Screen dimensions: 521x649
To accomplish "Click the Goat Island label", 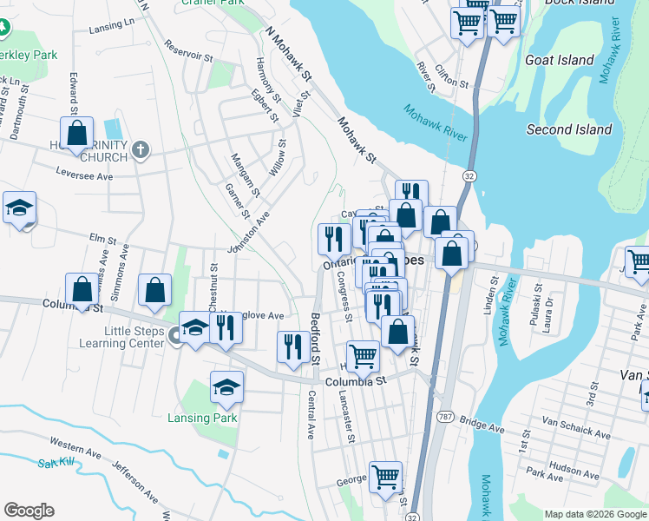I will click(x=560, y=61).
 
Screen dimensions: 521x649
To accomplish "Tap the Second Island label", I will click(x=569, y=130).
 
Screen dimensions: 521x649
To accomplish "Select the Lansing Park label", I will click(x=202, y=418).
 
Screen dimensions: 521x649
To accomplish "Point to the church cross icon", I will click(x=141, y=151).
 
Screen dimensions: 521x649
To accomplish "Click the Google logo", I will click(x=29, y=511).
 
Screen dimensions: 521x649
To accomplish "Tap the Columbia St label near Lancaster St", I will click(x=355, y=381).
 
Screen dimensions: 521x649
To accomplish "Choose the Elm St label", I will click(x=102, y=237).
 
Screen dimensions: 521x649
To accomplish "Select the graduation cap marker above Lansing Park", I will click(x=226, y=387).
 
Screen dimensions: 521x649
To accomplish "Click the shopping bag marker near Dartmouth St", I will click(x=77, y=134).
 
